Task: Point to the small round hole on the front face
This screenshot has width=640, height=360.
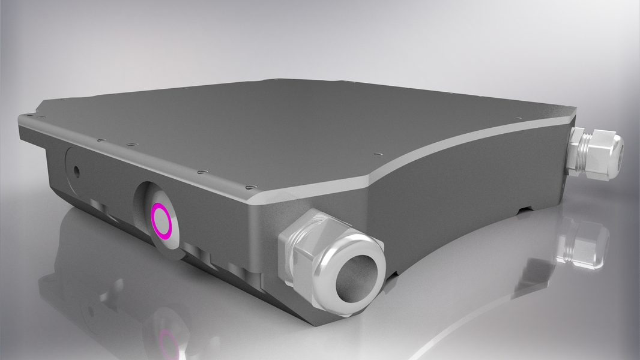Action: pyautogui.click(x=76, y=170)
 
